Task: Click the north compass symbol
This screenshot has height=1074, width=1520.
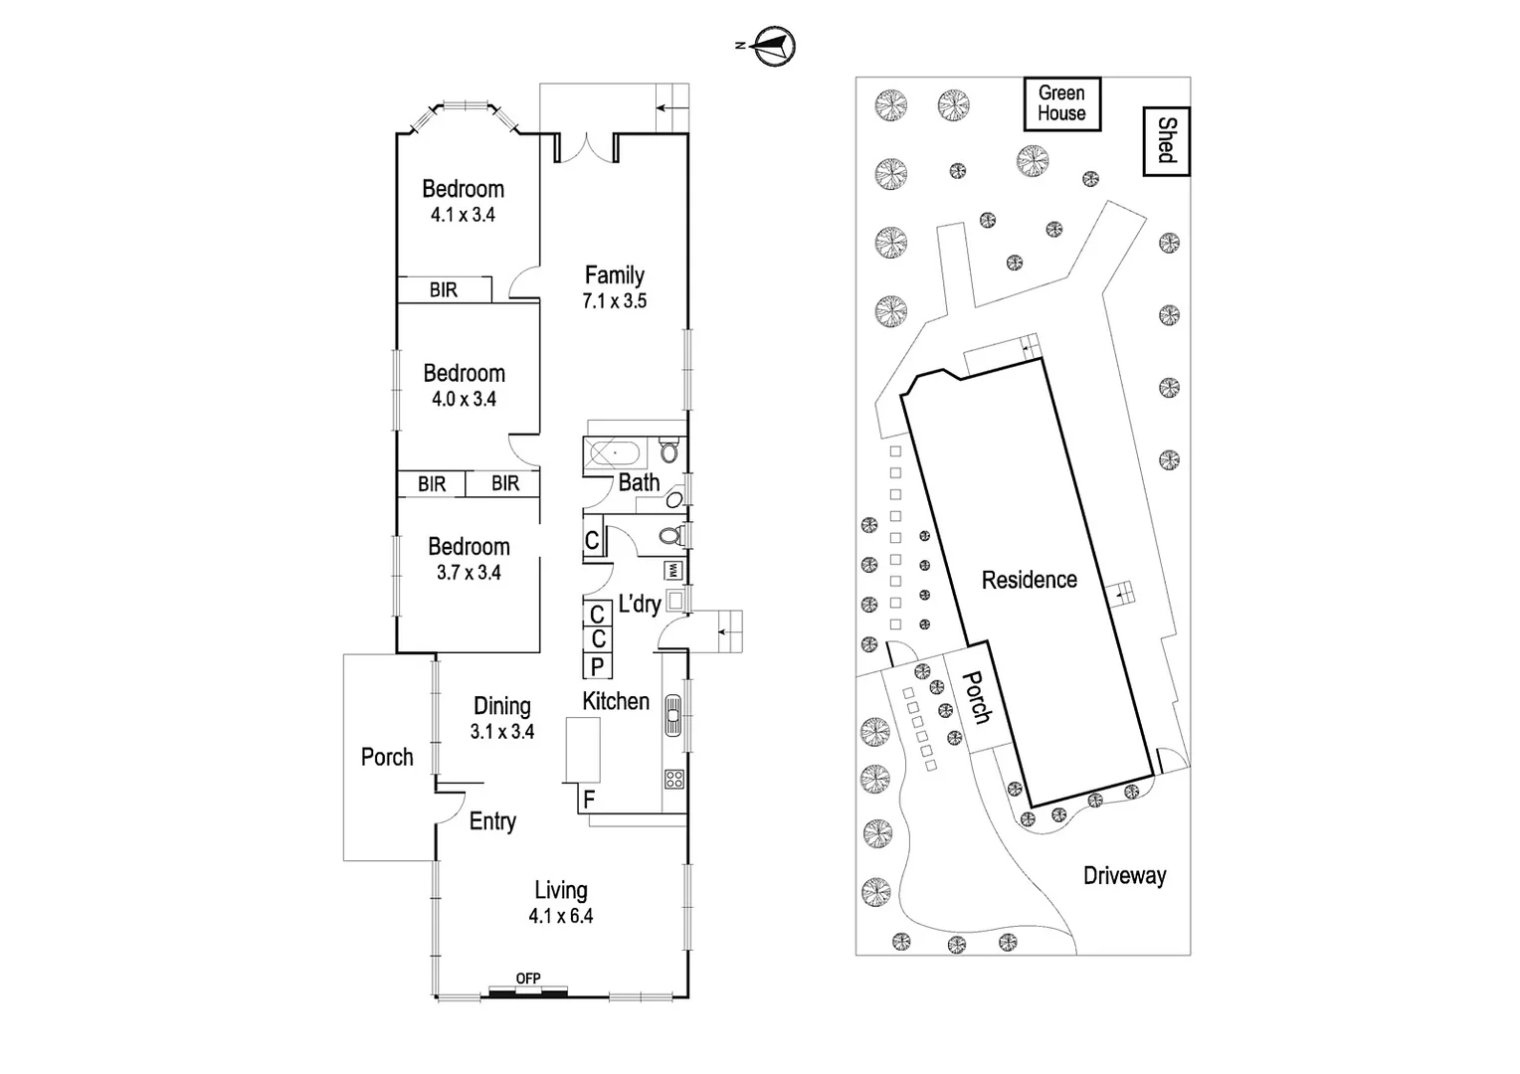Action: pyautogui.click(x=775, y=46)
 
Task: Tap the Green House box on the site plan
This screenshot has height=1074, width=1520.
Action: pyautogui.click(x=1061, y=103)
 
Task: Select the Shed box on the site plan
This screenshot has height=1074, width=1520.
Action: pyautogui.click(x=1167, y=141)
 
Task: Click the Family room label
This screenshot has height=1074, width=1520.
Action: pyautogui.click(x=614, y=275)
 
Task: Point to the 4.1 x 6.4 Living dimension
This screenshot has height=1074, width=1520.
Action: pyautogui.click(x=561, y=916)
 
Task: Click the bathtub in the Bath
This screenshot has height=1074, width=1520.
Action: pyautogui.click(x=615, y=453)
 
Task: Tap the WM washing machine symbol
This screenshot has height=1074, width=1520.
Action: pyautogui.click(x=673, y=571)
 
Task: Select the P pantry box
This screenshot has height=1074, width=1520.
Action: pyautogui.click(x=597, y=666)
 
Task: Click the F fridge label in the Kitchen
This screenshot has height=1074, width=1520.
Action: pyautogui.click(x=589, y=800)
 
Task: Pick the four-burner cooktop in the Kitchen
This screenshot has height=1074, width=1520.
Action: pyautogui.click(x=674, y=779)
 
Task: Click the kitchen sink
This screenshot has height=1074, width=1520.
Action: pyautogui.click(x=673, y=713)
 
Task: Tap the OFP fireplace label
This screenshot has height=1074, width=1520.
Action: pyautogui.click(x=528, y=980)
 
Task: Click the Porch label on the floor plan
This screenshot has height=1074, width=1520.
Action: pyautogui.click(x=387, y=757)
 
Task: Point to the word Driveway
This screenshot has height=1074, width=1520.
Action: pyautogui.click(x=1124, y=876)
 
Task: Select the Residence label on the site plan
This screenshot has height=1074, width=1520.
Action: pyautogui.click(x=1029, y=580)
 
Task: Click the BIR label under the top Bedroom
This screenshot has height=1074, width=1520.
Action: pyautogui.click(x=444, y=289)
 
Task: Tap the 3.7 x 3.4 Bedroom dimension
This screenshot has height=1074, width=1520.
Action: pyautogui.click(x=469, y=572)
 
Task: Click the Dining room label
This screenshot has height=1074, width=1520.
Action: pyautogui.click(x=501, y=706)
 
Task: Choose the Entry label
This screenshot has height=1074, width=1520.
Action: pyautogui.click(x=492, y=821)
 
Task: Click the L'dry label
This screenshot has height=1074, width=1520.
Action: pyautogui.click(x=640, y=604)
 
